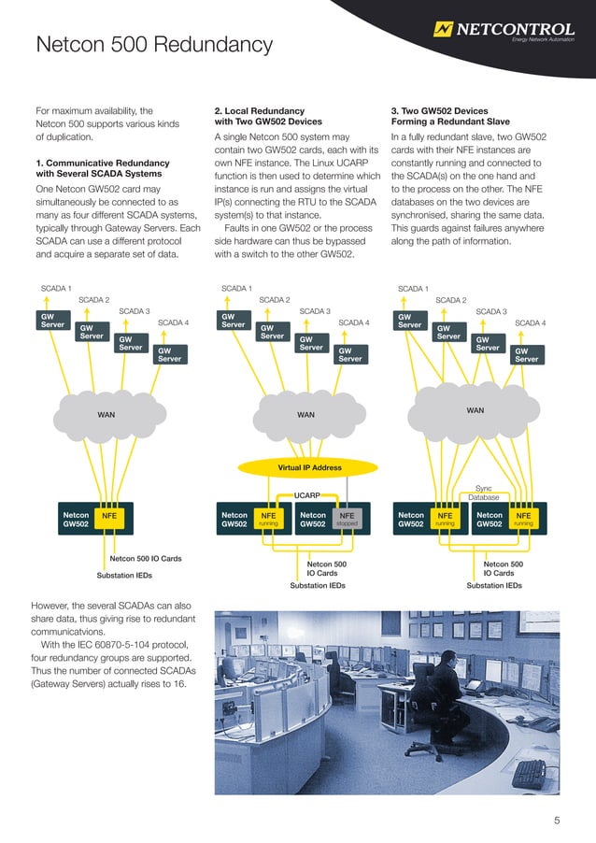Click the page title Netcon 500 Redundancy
tap(153, 45)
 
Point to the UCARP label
tap(307, 494)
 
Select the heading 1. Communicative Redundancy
tap(98, 168)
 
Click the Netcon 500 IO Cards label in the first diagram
tap(146, 559)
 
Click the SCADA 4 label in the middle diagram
tap(353, 322)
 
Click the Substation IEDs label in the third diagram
tap(494, 586)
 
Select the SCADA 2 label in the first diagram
tap(93, 300)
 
